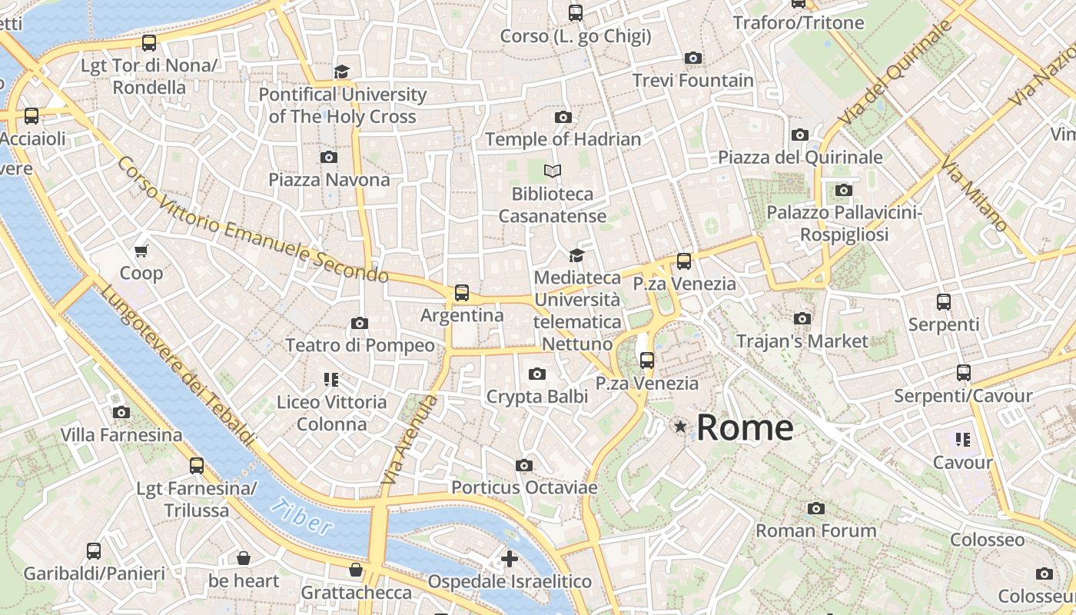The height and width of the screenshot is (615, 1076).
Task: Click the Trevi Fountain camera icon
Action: pyautogui.click(x=692, y=58)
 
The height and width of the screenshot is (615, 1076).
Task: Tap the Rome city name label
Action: pyautogui.click(x=744, y=427)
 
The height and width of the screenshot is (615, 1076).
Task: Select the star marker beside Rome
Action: pyautogui.click(x=680, y=426)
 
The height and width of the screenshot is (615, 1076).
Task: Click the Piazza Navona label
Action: pyautogui.click(x=329, y=180)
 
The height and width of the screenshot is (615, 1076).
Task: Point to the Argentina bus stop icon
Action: pyautogui.click(x=461, y=293)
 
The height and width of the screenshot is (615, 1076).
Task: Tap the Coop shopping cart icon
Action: pyautogui.click(x=141, y=251)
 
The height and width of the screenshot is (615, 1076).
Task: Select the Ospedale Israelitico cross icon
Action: pyautogui.click(x=509, y=559)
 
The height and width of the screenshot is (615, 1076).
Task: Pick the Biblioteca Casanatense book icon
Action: pyautogui.click(x=553, y=171)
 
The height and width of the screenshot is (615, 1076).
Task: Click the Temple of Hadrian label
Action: pyautogui.click(x=563, y=139)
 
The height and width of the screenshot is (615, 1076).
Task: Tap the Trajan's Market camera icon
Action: pyautogui.click(x=802, y=318)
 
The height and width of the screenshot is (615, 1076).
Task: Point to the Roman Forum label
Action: pyautogui.click(x=815, y=530)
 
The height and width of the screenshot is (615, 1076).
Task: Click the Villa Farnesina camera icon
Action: pyautogui.click(x=121, y=413)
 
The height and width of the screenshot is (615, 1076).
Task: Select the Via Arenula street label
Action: pyautogui.click(x=409, y=440)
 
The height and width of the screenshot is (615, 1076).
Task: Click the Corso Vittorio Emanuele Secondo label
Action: pyautogui.click(x=254, y=221)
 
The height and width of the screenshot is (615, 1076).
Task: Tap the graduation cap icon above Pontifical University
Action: pyautogui.click(x=341, y=72)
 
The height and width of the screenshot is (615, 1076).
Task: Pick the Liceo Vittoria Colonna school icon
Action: pyautogui.click(x=331, y=379)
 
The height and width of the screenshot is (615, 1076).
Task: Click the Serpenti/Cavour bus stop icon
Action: pyautogui.click(x=964, y=373)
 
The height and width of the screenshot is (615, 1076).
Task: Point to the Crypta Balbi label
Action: pyautogui.click(x=536, y=397)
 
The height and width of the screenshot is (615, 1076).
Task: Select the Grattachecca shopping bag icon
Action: pyautogui.click(x=356, y=570)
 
